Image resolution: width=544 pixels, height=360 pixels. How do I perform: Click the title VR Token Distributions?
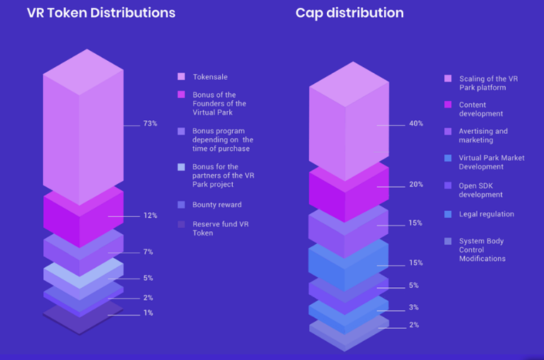point(101,13)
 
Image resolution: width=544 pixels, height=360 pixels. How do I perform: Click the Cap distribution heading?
point(349,13)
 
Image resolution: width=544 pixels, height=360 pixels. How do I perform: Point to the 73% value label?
point(150,124)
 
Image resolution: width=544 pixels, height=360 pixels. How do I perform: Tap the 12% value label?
point(150,216)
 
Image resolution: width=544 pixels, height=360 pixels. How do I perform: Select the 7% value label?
point(148,252)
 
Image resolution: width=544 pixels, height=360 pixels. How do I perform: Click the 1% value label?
point(148,313)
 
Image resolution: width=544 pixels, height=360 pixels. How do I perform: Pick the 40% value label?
point(415,124)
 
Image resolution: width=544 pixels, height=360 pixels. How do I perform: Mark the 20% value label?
point(415,185)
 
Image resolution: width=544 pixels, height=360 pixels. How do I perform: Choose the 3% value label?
point(413,308)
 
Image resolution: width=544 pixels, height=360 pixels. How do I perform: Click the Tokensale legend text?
point(210,77)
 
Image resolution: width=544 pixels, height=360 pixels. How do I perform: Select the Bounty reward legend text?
point(217,205)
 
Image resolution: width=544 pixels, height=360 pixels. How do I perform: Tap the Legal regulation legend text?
point(486,214)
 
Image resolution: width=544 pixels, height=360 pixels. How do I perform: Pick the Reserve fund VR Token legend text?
point(220,228)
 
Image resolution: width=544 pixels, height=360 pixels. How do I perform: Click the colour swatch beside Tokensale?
point(182,77)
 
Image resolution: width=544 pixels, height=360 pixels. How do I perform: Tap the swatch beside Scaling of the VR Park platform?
point(448,79)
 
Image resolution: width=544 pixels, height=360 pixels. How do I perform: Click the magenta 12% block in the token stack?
point(83,216)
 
